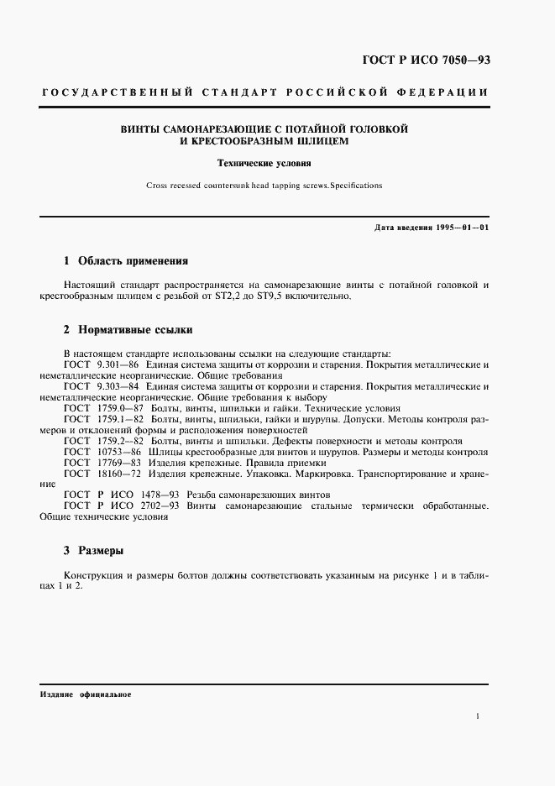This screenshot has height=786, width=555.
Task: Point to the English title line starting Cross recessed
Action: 264,185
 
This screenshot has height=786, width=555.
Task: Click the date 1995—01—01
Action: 462,228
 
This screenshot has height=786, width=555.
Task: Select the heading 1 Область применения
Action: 126,261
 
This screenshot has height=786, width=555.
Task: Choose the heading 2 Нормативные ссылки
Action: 128,330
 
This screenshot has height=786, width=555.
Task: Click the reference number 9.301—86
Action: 118,365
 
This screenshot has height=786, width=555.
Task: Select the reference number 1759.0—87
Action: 120,407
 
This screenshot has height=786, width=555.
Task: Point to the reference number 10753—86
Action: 119,452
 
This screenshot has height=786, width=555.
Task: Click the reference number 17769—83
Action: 119,463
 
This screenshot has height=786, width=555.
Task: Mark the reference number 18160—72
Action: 119,474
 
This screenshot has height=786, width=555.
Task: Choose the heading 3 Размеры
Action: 94,552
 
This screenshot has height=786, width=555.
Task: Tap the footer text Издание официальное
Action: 86,696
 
